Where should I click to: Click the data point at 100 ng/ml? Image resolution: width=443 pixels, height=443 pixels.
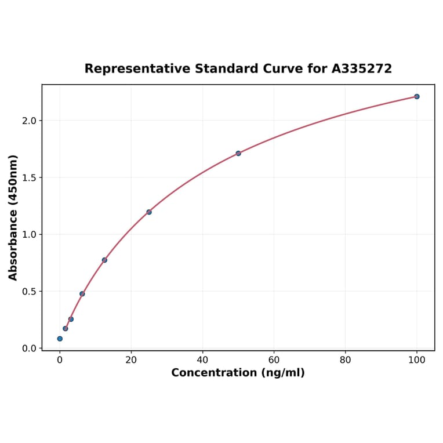(416, 96)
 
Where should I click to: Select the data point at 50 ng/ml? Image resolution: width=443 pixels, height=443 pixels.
(238, 153)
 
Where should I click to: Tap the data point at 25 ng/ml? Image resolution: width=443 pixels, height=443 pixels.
(149, 212)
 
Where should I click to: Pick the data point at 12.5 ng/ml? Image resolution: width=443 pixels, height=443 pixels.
(104, 260)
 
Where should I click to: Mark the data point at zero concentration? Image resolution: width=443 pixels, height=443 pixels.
(60, 339)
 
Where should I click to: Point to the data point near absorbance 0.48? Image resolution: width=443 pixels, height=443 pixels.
(82, 293)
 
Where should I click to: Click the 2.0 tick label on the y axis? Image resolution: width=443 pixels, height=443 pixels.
(29, 121)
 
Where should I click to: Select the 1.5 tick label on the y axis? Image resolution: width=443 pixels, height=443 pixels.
(29, 177)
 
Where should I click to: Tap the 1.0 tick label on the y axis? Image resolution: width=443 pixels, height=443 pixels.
(29, 234)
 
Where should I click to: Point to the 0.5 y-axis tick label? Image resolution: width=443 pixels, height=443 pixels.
(29, 291)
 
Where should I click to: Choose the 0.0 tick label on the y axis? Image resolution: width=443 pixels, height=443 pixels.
(29, 348)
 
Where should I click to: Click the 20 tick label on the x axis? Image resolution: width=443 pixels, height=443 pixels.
(131, 360)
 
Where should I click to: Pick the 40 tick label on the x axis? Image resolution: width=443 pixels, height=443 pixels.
(202, 360)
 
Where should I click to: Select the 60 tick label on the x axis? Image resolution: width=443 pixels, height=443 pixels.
(274, 360)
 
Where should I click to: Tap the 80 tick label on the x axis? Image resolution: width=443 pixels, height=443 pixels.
(346, 360)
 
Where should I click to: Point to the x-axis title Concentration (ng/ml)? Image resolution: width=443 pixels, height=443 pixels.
(238, 373)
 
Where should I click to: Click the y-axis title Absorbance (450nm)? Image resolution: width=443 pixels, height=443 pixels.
(13, 217)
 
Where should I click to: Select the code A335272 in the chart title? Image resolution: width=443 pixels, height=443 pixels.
(361, 68)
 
